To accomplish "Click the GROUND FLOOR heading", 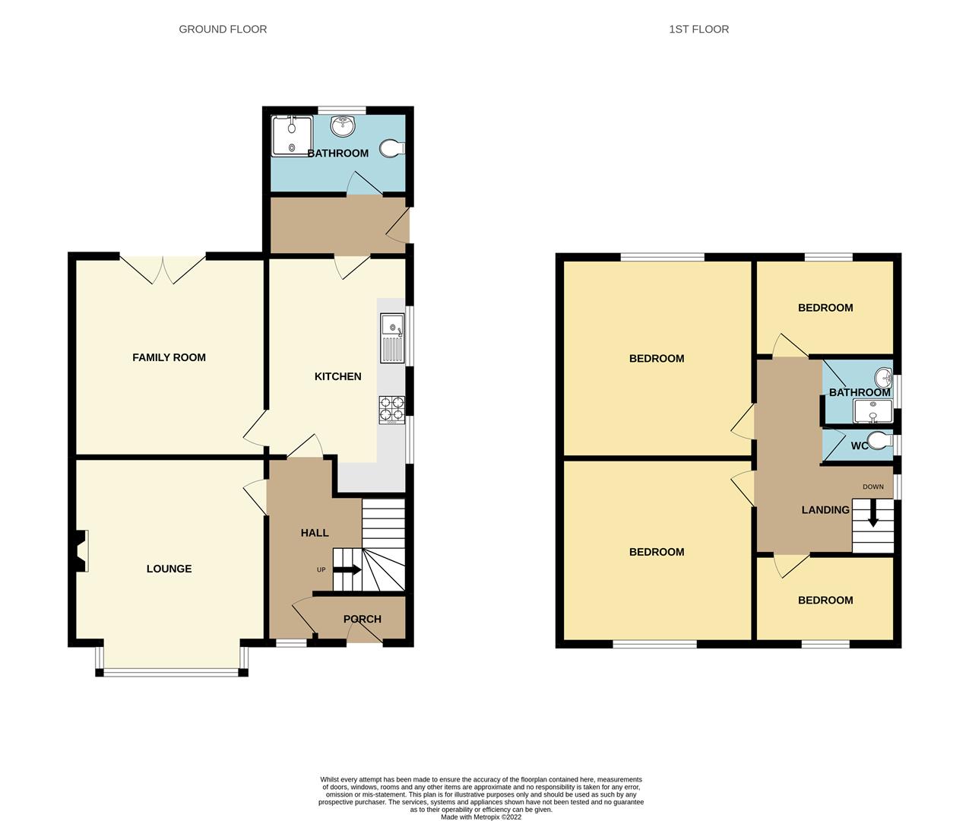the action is coord(223,29).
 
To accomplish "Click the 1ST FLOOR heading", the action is coord(698,29).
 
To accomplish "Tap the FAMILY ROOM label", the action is coord(169,358).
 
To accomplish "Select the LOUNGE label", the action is coord(169,569).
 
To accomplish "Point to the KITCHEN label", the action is coord(337,376).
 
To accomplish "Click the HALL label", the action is coord(315,533).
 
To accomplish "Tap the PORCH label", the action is coord(363,619).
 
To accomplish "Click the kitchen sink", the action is coord(392,338).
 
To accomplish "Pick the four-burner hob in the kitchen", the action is coord(392,410).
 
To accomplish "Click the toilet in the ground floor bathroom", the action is coord(392,148).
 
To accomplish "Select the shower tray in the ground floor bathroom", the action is coord(292,136).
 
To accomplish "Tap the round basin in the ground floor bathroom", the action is coord(343,126).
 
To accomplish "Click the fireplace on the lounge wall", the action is coord(81,551).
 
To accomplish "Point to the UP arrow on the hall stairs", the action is coord(347,570).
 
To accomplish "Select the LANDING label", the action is coord(825,509).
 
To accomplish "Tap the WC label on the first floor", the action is coord(860,446).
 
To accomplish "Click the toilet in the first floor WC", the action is coord(879,441).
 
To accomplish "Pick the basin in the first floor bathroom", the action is coord(884,376).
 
